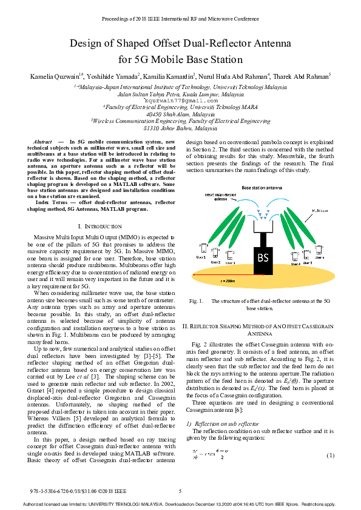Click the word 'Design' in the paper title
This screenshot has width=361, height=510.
[87, 44]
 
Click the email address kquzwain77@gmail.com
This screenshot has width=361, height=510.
[180, 100]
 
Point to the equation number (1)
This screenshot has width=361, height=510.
[330, 455]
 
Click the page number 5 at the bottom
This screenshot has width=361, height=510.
[180, 490]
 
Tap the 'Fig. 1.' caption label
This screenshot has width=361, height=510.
[196, 301]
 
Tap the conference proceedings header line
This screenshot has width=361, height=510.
[180, 20]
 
